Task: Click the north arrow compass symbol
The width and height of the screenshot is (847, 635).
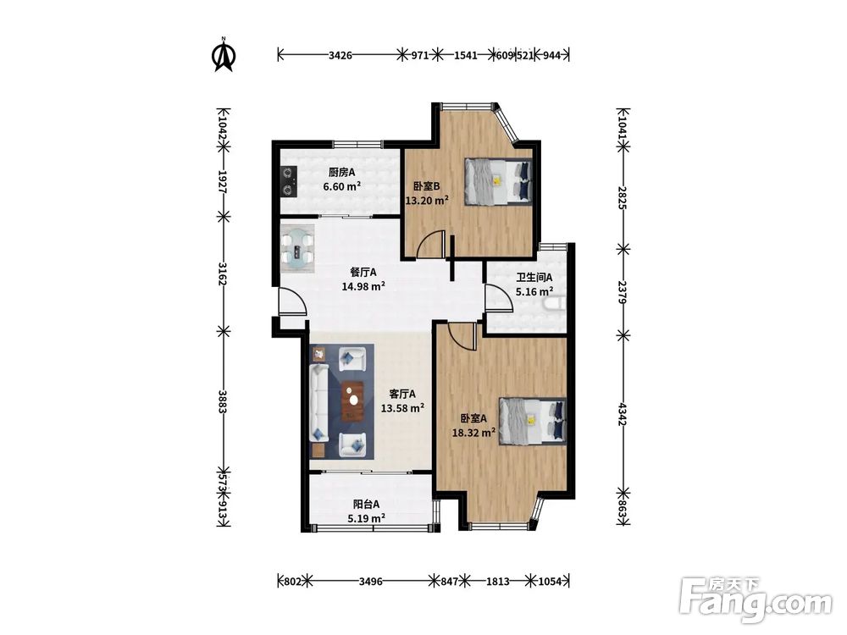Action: coord(224,54)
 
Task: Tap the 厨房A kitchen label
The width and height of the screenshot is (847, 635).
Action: coord(341,173)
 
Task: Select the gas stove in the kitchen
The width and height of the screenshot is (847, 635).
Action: coord(289,181)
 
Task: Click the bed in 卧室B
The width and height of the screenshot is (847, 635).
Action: coord(499,181)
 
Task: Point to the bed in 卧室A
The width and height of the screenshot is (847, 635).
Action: coord(533,421)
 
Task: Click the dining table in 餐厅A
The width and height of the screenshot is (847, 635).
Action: coord(296,248)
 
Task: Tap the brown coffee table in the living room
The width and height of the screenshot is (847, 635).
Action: coord(352,400)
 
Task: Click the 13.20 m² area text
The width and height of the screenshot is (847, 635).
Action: coord(427,201)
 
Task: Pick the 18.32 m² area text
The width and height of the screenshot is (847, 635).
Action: coord(473,432)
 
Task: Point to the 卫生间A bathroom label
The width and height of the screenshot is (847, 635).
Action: coord(534,278)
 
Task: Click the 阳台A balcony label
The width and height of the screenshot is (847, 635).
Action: coord(366,505)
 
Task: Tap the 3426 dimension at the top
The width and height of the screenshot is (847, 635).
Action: coord(340,55)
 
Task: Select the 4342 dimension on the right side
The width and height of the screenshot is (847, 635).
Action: coord(623,414)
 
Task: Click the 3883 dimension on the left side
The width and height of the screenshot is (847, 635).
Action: coord(222,402)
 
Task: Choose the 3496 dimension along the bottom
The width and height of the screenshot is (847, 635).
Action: coord(371,582)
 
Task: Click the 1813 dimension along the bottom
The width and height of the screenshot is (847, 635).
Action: coord(497,582)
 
